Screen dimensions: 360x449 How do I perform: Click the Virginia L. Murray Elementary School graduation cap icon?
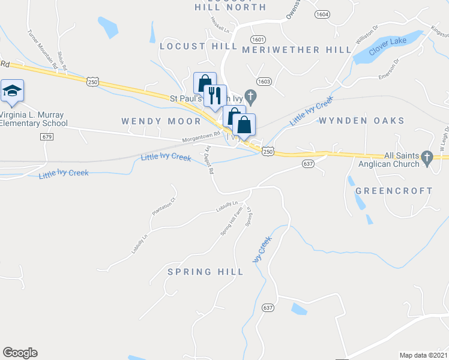coord(12,91)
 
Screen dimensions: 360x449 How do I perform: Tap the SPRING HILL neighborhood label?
coord(205,272)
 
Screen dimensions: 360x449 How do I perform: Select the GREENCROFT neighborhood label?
coord(394,191)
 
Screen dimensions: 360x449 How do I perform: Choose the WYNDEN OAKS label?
coord(361,121)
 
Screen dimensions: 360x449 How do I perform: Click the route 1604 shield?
coord(322,14)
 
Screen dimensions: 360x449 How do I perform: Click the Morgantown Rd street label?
coord(202,139)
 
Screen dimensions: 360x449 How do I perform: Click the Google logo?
coord(20,353)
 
